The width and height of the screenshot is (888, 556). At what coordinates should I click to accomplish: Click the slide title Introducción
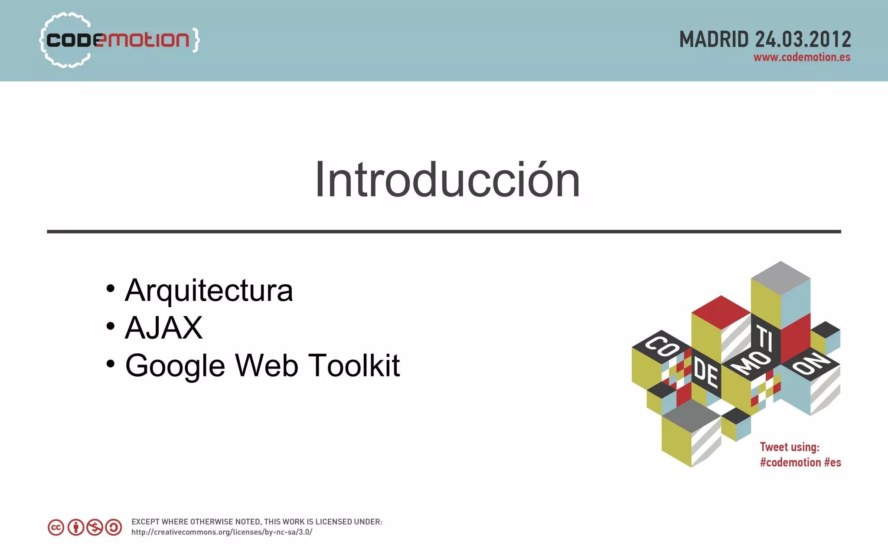[447, 180]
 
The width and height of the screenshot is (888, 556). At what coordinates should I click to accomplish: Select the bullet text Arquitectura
[209, 290]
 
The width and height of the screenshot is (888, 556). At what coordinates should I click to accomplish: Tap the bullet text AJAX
[163, 328]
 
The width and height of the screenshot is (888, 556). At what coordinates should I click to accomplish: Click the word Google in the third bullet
[175, 366]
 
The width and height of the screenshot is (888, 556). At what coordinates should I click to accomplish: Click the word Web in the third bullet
[266, 365]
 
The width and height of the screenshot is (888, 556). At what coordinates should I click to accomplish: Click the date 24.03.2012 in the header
[803, 39]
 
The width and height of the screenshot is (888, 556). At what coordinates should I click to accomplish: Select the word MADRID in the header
[714, 39]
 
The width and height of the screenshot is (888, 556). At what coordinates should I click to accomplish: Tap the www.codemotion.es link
[802, 57]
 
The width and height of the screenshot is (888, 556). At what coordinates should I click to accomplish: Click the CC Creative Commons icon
[56, 527]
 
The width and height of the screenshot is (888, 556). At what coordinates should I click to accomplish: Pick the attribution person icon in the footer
[76, 527]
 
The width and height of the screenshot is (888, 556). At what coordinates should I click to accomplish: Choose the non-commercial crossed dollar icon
[95, 527]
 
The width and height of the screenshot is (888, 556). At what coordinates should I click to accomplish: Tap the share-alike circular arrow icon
[114, 527]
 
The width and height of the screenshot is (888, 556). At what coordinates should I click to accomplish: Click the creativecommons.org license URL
[222, 532]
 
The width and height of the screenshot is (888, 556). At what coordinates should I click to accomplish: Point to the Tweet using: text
[789, 447]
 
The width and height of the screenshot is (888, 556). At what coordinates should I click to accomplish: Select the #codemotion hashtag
[790, 463]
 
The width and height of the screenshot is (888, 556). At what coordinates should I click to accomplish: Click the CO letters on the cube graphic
[662, 346]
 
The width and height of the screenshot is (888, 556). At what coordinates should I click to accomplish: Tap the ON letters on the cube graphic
[810, 363]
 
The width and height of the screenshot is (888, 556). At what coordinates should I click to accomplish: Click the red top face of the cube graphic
[721, 312]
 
